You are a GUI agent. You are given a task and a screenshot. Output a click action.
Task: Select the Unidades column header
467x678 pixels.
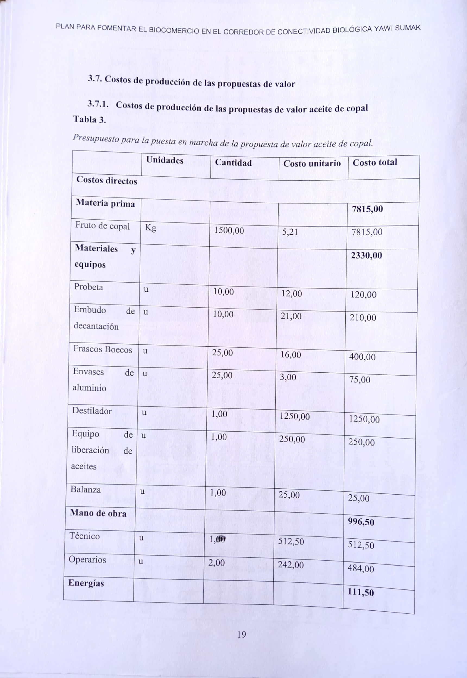point(165,160)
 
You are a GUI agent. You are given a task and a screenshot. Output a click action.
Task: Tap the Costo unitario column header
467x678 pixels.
point(312,163)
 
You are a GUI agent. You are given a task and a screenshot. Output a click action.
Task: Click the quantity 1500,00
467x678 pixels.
point(229,230)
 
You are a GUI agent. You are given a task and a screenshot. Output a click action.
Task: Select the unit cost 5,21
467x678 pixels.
point(290,232)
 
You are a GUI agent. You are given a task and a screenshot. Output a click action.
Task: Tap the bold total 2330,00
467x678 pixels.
point(366,256)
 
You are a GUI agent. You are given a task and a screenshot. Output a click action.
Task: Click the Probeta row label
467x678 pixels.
point(89,287)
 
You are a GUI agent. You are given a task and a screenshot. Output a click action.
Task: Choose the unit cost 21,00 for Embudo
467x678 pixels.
point(291,316)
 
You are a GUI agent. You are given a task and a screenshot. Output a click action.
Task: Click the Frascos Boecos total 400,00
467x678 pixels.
point(362,357)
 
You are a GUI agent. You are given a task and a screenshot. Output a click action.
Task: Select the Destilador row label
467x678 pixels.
point(92,411)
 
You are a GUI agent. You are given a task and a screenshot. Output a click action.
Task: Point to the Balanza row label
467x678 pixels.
point(86,489)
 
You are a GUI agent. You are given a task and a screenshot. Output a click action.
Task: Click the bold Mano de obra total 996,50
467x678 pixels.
point(361,522)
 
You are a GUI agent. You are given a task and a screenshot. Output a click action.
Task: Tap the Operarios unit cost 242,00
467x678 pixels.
point(291,565)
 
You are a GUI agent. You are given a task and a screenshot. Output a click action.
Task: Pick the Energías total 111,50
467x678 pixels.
point(361,592)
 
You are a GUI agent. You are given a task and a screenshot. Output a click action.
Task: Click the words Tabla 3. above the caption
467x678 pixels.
point(90,119)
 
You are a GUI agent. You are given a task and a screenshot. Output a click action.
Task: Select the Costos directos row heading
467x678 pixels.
point(106,180)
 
